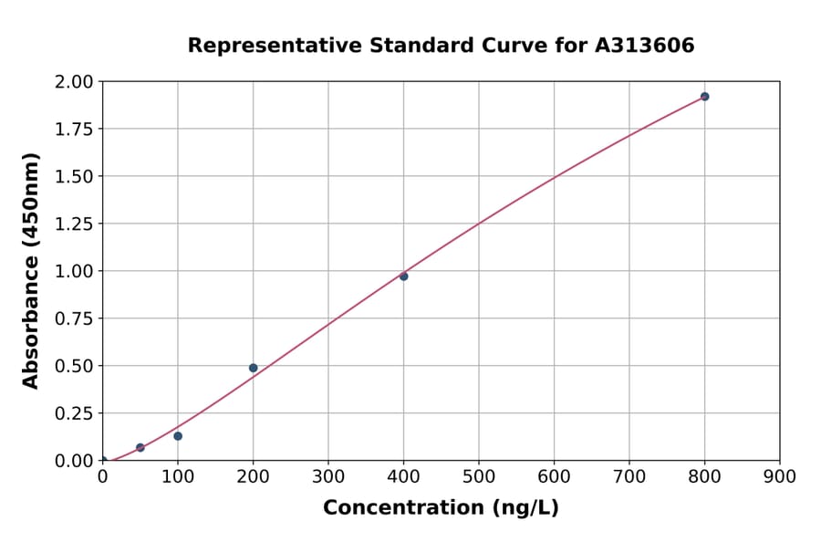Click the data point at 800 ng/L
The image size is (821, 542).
pyautogui.click(x=704, y=97)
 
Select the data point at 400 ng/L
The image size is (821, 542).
pyautogui.click(x=403, y=276)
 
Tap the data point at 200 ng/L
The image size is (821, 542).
pyautogui.click(x=253, y=368)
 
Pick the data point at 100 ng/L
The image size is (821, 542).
pyautogui.click(x=178, y=436)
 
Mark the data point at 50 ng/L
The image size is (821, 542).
pyautogui.click(x=140, y=448)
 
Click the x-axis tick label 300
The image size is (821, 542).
pyautogui.click(x=328, y=476)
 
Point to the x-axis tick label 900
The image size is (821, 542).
pyautogui.click(x=780, y=476)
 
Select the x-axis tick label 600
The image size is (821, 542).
pyautogui.click(x=554, y=476)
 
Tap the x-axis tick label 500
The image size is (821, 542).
pyautogui.click(x=479, y=476)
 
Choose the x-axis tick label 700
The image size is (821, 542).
pyautogui.click(x=629, y=476)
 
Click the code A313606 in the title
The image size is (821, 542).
pyautogui.click(x=645, y=45)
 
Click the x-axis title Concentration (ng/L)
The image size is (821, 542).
pyautogui.click(x=441, y=507)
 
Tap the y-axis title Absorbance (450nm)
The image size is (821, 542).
pyautogui.click(x=31, y=271)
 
